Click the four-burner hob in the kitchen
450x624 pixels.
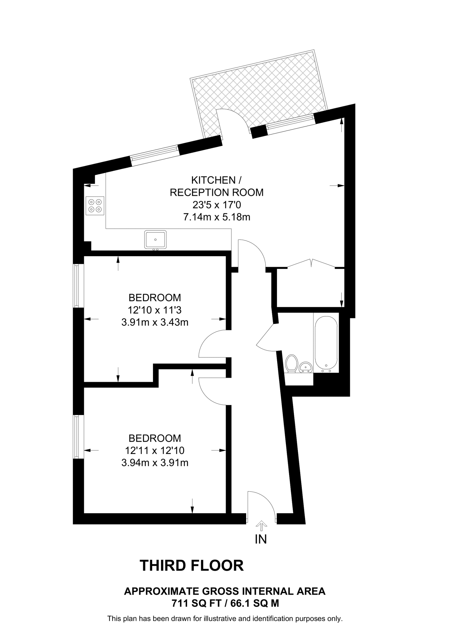pos(95,205)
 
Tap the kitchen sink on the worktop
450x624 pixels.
pos(155,239)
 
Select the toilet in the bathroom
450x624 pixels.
pos(292,363)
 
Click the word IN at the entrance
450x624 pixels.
pos(261,539)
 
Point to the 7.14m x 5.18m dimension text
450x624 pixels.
pos(216,217)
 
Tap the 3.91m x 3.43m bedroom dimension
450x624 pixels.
pos(155,322)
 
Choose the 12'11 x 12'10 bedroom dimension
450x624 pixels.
pos(155,450)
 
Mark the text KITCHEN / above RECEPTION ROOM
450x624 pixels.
pos(216,180)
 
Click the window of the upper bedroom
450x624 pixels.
pos(77,285)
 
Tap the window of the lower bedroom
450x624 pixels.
pos(77,436)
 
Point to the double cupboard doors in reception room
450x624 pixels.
pos(311,264)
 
